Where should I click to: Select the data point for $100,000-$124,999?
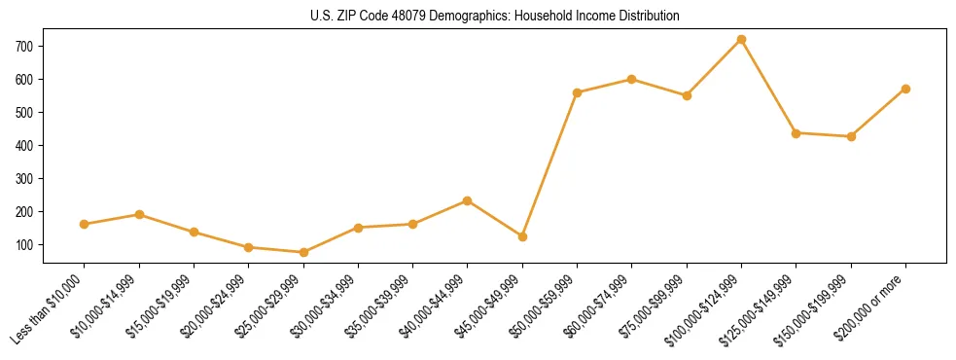741,39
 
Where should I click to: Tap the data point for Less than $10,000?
85,224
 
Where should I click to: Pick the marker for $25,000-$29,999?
303,252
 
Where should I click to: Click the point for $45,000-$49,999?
522,236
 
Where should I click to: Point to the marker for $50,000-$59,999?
577,92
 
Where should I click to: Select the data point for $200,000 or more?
905,89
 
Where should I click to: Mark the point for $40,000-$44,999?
468,200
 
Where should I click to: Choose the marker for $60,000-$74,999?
632,79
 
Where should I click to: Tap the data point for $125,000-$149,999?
796,132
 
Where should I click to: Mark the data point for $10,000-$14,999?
139,214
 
